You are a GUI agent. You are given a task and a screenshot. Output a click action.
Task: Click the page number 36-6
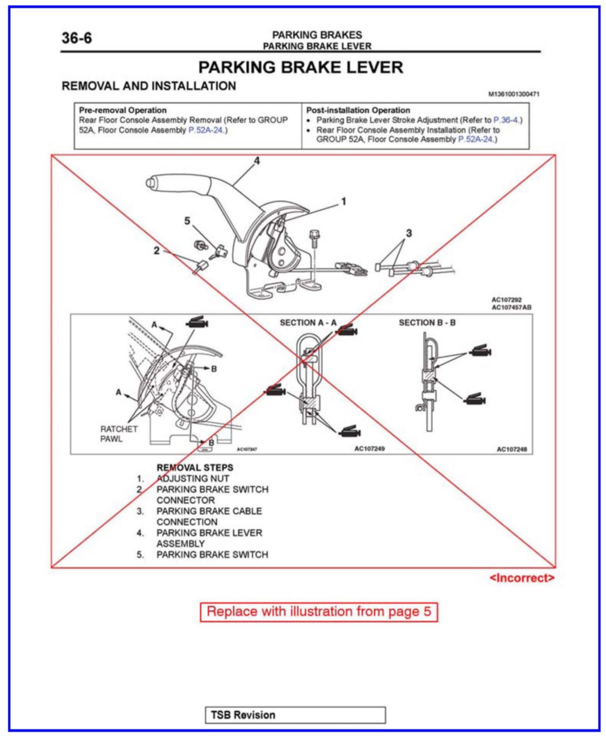click(x=77, y=38)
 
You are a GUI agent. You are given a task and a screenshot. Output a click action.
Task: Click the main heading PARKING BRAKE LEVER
click(x=300, y=67)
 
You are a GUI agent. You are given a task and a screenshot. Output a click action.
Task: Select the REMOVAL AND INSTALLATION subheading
click(x=149, y=86)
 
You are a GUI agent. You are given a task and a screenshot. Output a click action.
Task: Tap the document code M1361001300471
click(x=514, y=94)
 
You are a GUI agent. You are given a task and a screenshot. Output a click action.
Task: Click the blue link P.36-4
click(x=507, y=120)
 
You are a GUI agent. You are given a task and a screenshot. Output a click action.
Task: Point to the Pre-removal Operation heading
click(x=123, y=110)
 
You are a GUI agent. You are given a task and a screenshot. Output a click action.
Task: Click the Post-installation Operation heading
click(x=358, y=110)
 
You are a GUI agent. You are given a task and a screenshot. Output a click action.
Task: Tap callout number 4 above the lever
click(x=257, y=161)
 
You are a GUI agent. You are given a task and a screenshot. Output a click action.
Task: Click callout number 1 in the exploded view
click(x=344, y=201)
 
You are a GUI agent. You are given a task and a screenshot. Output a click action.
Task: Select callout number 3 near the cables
click(x=409, y=233)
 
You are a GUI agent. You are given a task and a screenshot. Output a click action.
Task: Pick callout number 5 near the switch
click(x=187, y=221)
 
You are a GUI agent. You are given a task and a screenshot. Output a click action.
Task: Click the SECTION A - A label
click(x=308, y=323)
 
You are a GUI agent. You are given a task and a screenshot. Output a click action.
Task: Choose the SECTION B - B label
click(x=427, y=323)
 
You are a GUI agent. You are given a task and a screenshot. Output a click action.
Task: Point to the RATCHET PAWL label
click(x=119, y=434)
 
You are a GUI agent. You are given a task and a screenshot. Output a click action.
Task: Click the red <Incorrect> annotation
click(x=522, y=578)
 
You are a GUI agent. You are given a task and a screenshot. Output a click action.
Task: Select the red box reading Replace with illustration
click(x=319, y=612)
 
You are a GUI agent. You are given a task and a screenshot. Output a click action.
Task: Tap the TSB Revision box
click(x=295, y=715)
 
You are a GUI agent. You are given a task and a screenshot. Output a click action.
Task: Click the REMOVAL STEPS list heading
click(x=195, y=468)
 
